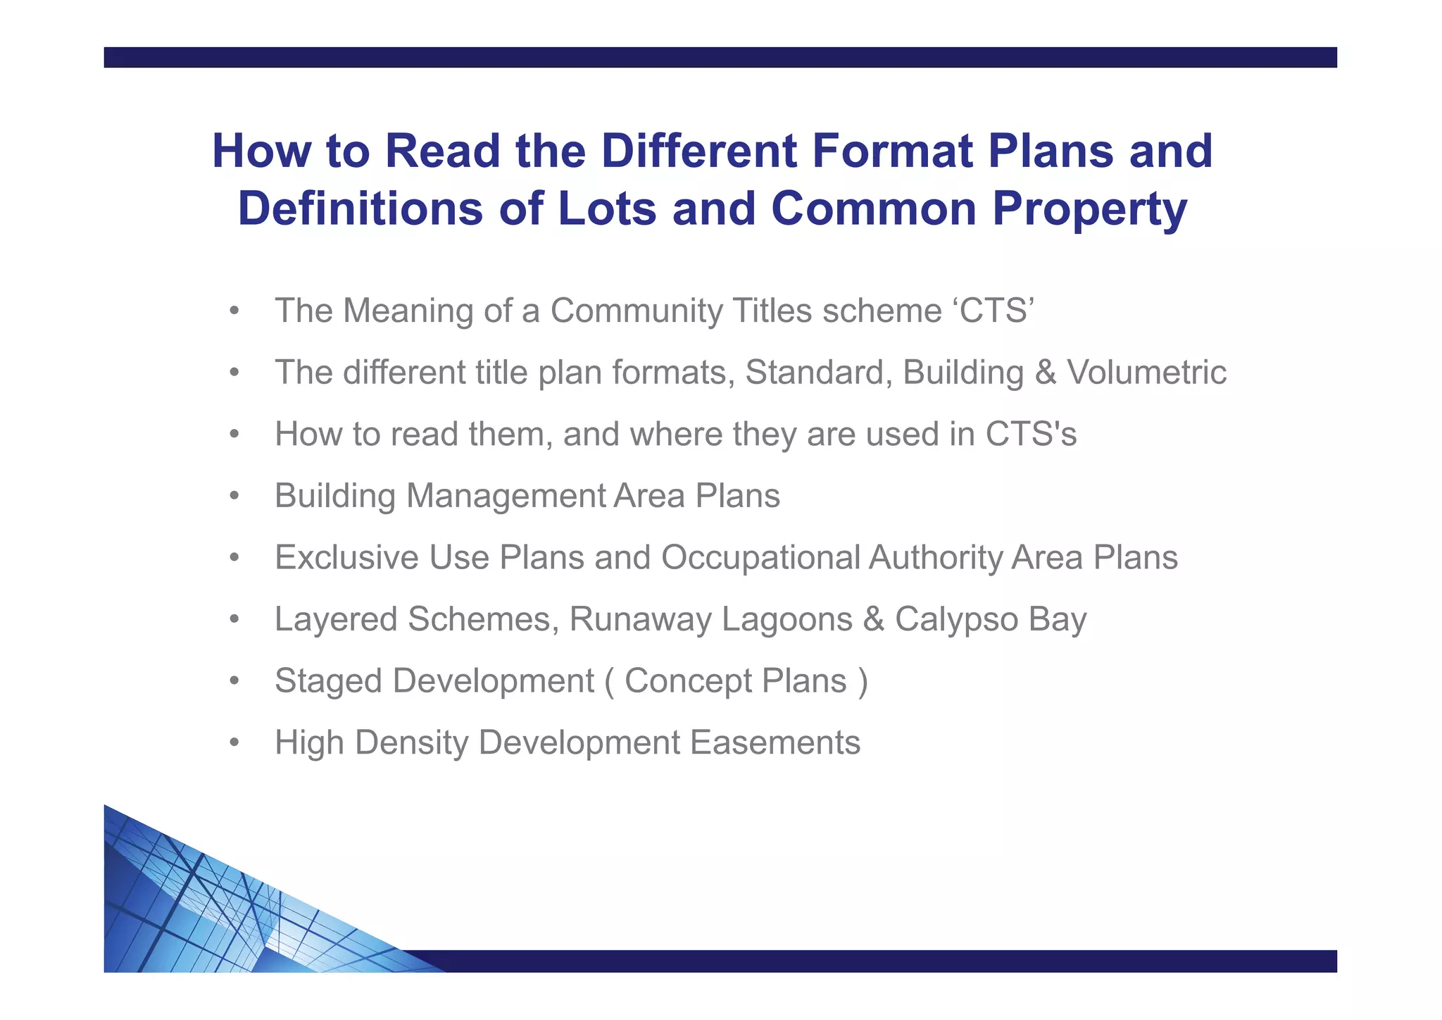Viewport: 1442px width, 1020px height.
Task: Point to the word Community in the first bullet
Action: point(636,311)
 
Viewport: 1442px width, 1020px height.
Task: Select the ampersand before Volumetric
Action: point(1046,373)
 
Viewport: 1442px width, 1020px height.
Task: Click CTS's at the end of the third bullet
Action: point(1031,434)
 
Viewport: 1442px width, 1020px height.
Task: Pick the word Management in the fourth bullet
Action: point(505,496)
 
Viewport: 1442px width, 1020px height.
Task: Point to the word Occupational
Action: point(760,557)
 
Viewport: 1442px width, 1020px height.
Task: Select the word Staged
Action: point(328,681)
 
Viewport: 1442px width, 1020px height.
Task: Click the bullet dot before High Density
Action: point(235,742)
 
